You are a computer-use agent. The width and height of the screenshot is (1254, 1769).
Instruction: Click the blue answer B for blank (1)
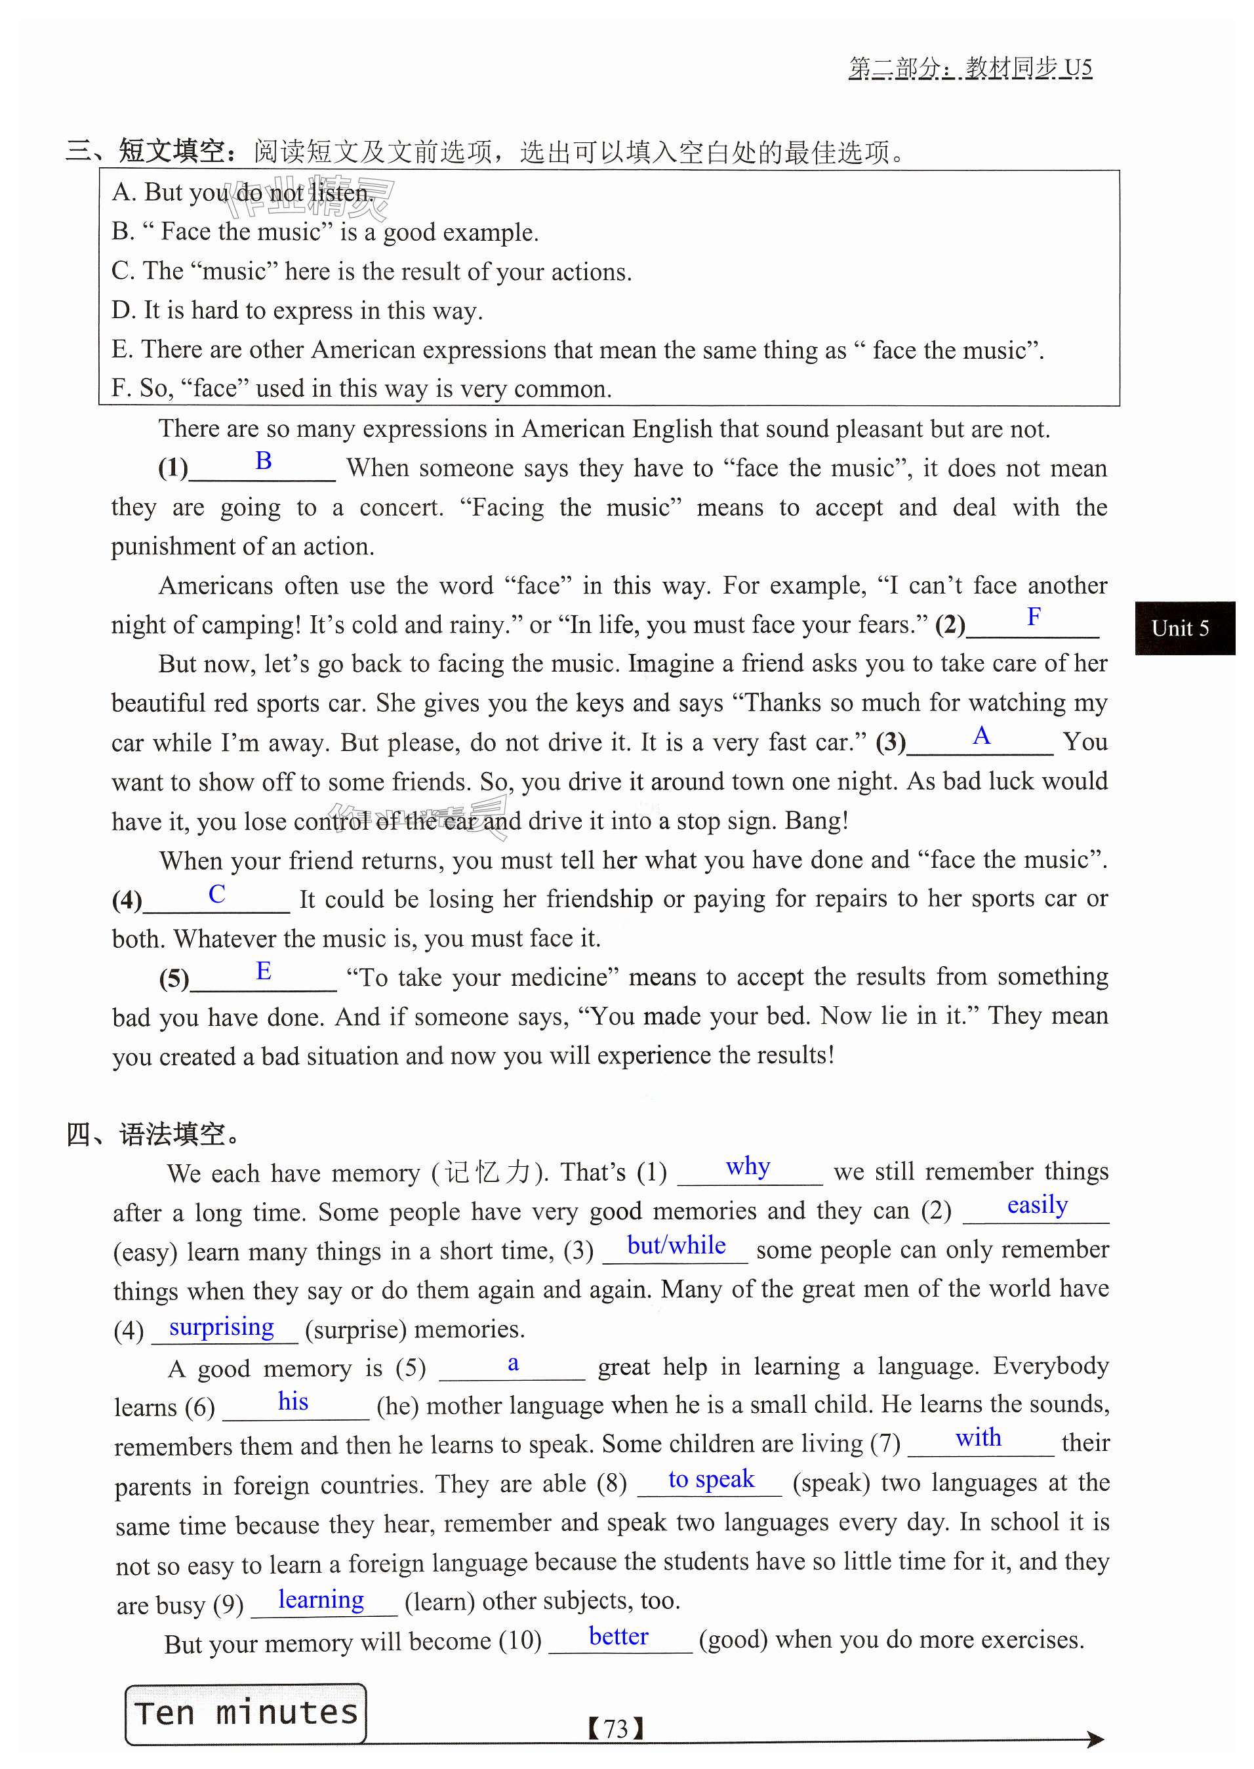coord(263,461)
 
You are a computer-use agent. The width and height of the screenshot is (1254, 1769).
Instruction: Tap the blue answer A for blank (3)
coord(981,735)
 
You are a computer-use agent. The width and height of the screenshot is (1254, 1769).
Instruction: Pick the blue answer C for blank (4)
coord(217,893)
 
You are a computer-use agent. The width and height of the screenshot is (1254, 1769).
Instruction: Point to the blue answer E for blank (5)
coord(263,971)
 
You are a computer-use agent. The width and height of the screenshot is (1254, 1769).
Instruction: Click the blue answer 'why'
coord(748,1166)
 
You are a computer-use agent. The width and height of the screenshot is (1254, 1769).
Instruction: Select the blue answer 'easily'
coord(1037,1204)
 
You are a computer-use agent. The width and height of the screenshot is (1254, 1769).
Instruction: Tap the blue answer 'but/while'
coord(676,1245)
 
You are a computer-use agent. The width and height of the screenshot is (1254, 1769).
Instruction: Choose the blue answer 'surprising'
coord(222,1326)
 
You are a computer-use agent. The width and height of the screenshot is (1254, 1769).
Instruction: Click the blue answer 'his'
coord(293,1402)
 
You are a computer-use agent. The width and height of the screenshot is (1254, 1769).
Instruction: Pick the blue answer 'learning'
coord(321,1599)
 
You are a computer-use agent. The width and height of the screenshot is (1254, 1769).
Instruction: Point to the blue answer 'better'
coord(618,1637)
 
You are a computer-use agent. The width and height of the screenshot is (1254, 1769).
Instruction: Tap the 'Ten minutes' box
coord(245,1713)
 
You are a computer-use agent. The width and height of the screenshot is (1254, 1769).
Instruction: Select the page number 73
coord(615,1729)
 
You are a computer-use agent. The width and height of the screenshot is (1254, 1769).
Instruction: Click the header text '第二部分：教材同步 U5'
coord(970,68)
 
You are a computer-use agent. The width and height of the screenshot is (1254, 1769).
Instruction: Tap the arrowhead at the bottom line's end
coord(1095,1739)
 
